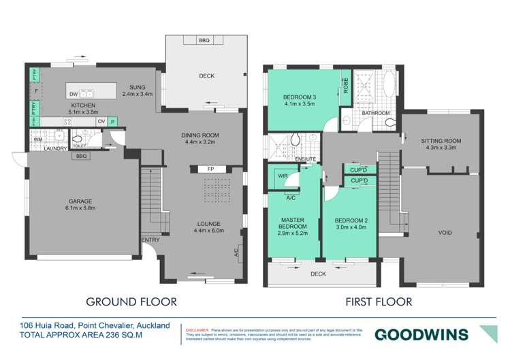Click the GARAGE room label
[80, 201]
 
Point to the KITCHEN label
[85, 105]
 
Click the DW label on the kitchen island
[74, 93]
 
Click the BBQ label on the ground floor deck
[204, 41]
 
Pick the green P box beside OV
[113, 121]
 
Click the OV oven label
[101, 121]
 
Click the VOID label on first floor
[444, 233]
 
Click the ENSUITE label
[306, 159]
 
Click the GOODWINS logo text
[421, 334]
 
